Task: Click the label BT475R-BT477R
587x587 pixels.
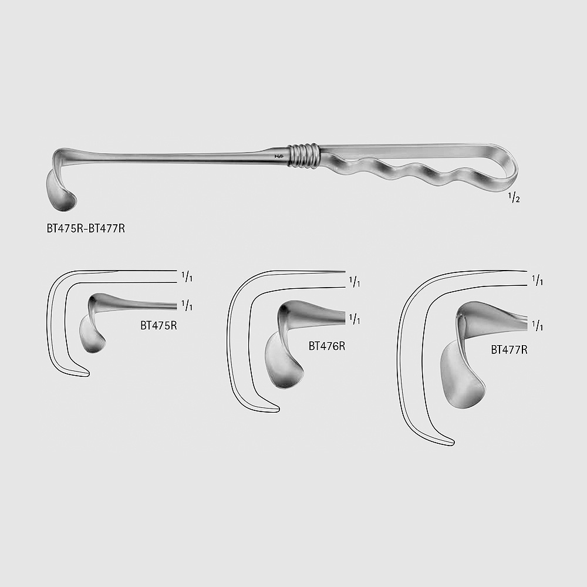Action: click(x=86, y=228)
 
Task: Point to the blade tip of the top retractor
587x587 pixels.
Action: click(x=63, y=208)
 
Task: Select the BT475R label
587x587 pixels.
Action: click(x=158, y=326)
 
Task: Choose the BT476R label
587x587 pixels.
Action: click(x=327, y=346)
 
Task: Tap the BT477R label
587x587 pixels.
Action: click(x=509, y=350)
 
